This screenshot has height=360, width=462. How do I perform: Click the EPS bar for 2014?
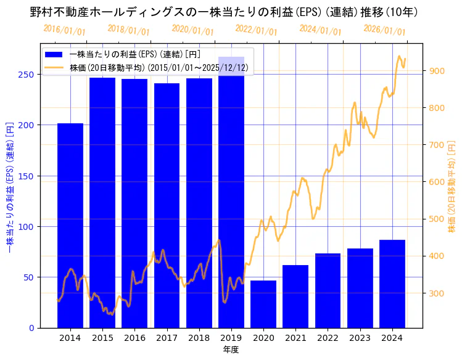point(70,225)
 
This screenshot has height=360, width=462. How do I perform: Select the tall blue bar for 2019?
point(231,192)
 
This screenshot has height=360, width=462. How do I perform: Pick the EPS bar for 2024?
point(392,284)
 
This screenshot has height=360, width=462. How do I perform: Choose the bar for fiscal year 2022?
point(328,290)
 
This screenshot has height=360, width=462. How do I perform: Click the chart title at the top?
point(224,12)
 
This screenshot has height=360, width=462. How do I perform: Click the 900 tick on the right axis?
point(437,71)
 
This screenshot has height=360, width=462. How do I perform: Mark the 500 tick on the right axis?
point(437,219)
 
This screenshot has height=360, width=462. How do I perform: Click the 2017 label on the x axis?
point(167,338)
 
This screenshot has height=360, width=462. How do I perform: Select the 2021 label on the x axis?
point(295,338)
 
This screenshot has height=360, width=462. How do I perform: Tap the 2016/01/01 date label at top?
point(64,30)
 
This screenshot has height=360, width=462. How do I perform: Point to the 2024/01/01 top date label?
point(320,30)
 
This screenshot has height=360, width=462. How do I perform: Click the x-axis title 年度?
point(231,350)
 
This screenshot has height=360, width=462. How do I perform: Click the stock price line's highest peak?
point(399,57)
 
